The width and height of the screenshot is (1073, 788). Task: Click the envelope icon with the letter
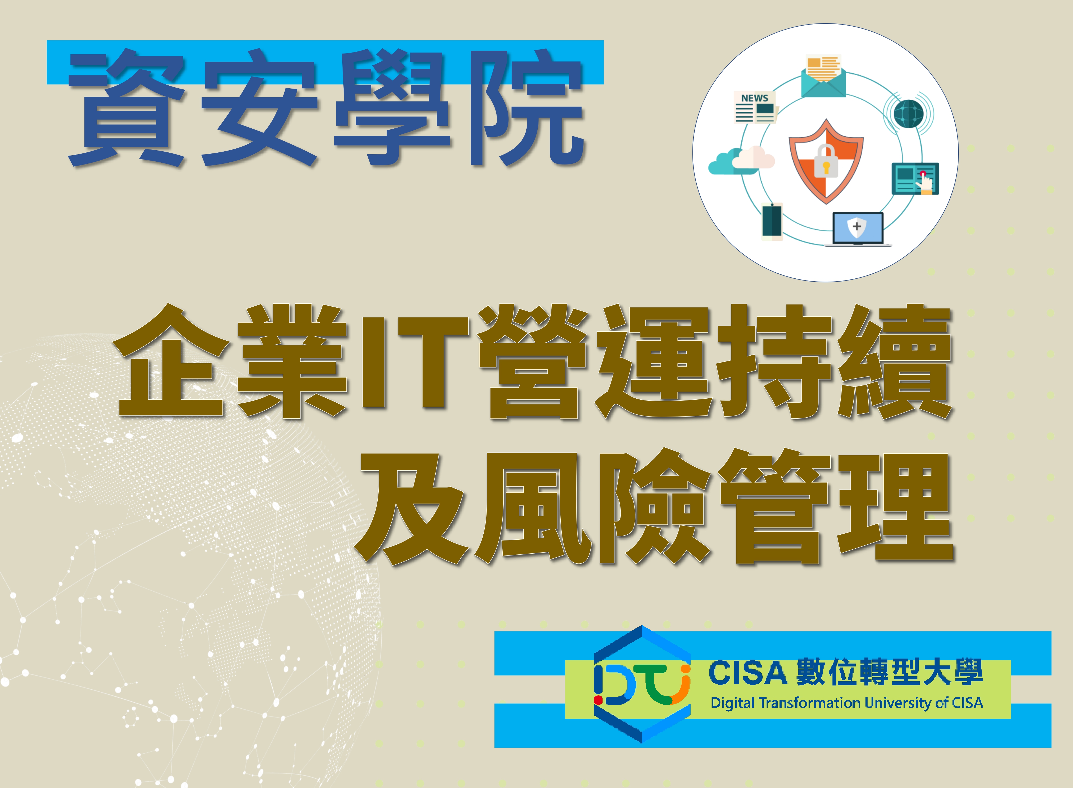point(823,76)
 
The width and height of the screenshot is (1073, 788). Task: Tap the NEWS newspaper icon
point(755,107)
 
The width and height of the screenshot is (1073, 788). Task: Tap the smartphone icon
point(772,221)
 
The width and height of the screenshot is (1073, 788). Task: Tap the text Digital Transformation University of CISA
point(847,703)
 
